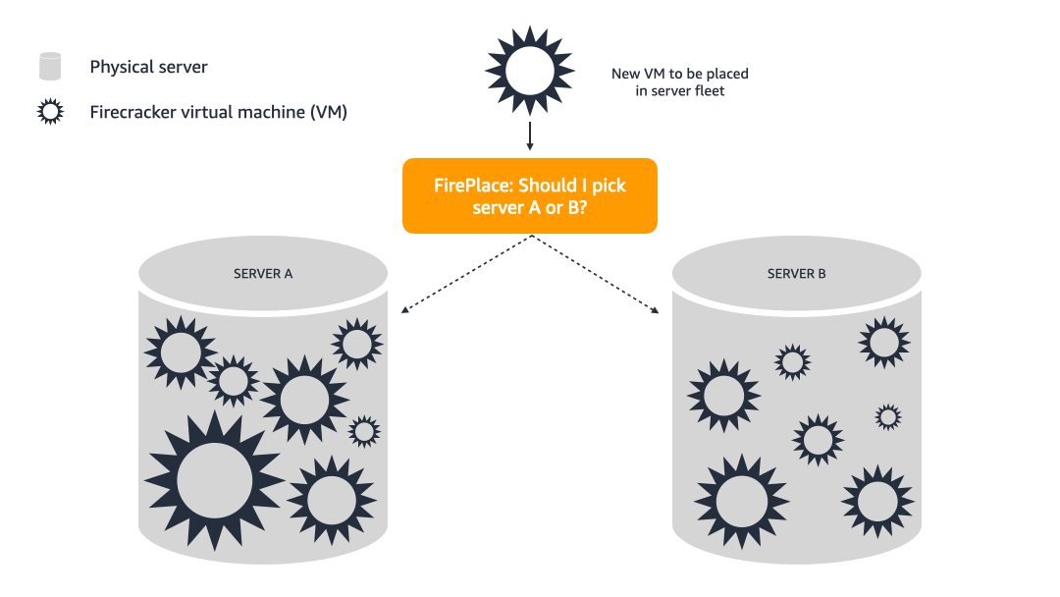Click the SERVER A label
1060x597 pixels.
coord(263,274)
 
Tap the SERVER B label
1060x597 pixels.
coord(796,274)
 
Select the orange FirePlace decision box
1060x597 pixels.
coord(529,195)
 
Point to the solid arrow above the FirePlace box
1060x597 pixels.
coord(530,135)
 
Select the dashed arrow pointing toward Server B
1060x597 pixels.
coord(595,275)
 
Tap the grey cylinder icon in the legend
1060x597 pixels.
coord(49,67)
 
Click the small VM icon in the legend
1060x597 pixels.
coord(50,112)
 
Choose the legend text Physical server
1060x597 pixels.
coord(148,67)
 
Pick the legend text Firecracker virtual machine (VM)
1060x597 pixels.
coord(218,112)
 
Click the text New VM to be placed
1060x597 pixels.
coord(680,74)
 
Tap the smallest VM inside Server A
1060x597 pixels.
coord(364,430)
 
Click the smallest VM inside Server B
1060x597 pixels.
coord(888,417)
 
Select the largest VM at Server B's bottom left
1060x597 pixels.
coord(742,502)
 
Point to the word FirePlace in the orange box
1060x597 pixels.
coord(472,186)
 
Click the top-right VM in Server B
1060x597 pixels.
coord(884,343)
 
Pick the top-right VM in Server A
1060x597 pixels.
coord(357,344)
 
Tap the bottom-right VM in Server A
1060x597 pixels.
coord(332,501)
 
